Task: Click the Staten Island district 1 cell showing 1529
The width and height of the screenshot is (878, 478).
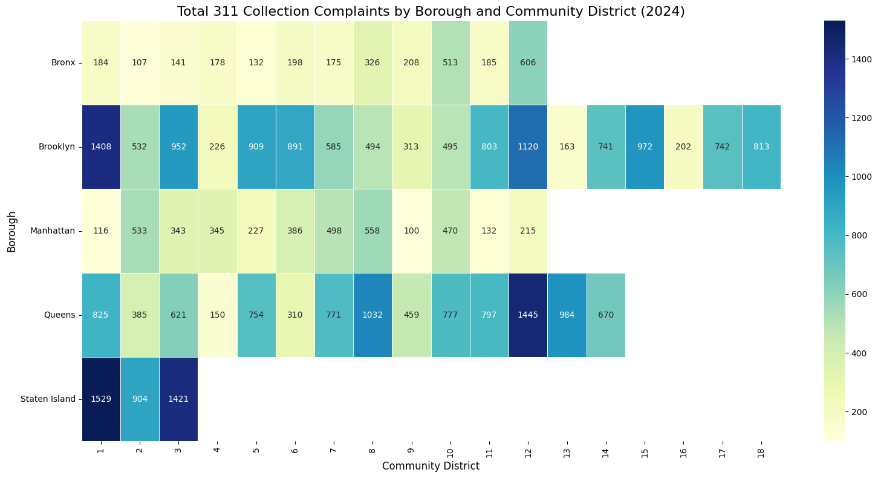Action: tap(101, 399)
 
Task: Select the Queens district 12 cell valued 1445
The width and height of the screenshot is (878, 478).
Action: tap(528, 315)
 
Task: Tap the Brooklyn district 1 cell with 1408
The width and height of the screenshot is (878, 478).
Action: tap(101, 146)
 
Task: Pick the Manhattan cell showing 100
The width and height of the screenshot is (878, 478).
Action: tap(411, 231)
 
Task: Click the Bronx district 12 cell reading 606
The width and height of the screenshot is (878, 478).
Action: tap(528, 62)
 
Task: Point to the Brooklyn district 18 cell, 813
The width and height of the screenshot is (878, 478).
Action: tap(761, 146)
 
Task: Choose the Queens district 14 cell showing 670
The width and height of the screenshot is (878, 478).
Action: tap(605, 315)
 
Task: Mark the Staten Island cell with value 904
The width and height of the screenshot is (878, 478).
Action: tap(140, 399)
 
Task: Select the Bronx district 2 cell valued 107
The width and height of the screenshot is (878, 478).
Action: tap(140, 62)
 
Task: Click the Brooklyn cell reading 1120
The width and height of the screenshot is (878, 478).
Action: tap(528, 146)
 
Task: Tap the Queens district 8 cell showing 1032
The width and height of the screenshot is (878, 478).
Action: tap(372, 315)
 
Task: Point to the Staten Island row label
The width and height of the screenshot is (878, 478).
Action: tap(48, 399)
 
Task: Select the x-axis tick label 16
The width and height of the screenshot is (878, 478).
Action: tap(683, 451)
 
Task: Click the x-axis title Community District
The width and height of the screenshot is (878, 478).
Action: tap(431, 466)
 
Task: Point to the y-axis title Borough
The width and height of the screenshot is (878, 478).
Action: tap(11, 231)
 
